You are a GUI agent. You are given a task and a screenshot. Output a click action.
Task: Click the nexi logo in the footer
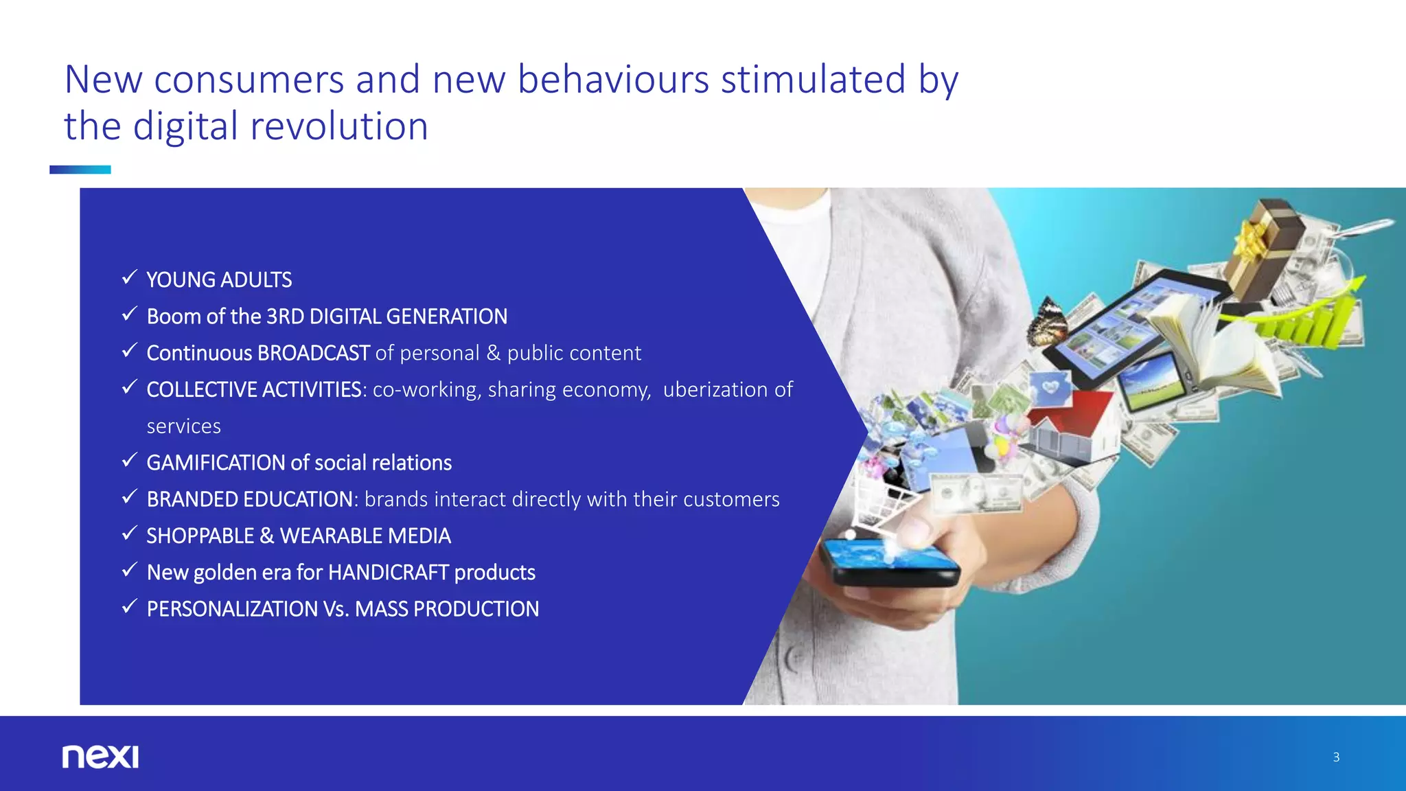tap(100, 757)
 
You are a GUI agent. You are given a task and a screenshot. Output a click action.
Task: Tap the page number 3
tap(1336, 757)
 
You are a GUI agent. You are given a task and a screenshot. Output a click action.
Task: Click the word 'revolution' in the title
tap(339, 127)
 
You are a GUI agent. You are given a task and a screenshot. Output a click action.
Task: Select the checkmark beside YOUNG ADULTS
tap(129, 277)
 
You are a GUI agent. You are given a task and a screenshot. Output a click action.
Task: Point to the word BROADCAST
tap(314, 353)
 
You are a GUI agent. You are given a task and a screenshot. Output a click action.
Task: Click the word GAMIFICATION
tap(216, 463)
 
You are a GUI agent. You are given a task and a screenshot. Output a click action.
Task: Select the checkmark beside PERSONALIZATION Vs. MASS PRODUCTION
tap(129, 606)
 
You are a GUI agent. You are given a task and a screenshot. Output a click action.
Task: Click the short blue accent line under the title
tap(80, 170)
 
